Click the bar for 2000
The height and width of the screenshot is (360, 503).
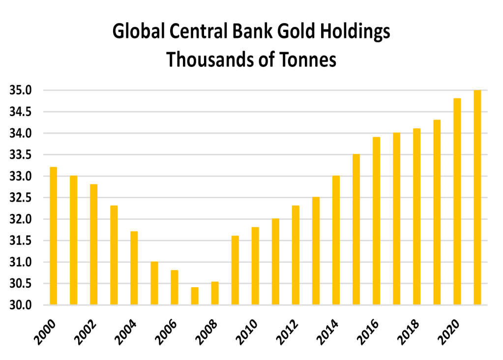pos(53,236)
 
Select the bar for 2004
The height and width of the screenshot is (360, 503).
pos(134,268)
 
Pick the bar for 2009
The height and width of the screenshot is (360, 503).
pos(235,270)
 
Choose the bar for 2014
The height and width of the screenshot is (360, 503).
pos(336,240)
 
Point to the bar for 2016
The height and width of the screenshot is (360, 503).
pos(376,221)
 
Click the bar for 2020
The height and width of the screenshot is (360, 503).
pos(457,202)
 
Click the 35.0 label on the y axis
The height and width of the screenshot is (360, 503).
pos(20,90)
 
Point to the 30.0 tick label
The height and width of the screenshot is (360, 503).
pos(20,305)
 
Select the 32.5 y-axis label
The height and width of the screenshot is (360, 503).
pos(20,198)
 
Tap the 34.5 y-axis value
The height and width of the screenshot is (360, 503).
pos(20,112)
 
